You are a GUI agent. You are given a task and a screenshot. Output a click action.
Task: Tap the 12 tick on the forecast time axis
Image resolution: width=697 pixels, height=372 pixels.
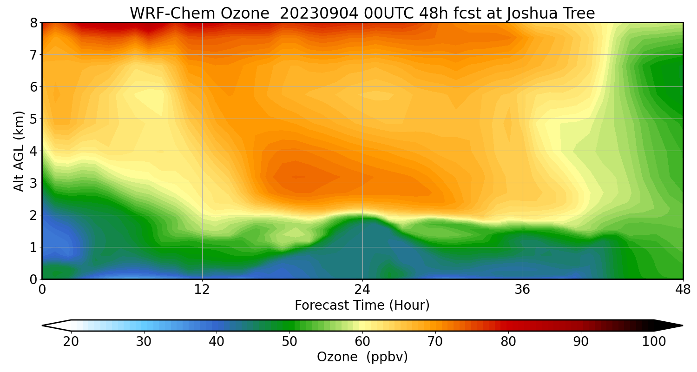click(202, 289)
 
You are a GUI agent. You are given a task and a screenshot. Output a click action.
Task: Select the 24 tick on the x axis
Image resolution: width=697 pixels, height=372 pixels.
click(362, 289)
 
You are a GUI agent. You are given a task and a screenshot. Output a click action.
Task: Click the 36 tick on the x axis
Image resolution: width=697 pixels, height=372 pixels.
click(523, 289)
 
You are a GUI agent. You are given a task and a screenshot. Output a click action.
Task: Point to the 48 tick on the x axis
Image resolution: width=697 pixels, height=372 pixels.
click(683, 289)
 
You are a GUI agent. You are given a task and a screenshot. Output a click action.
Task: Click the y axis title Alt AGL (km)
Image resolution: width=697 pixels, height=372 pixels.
click(19, 151)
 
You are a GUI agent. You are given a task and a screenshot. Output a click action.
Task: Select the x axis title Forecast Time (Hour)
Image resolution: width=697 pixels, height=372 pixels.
click(362, 306)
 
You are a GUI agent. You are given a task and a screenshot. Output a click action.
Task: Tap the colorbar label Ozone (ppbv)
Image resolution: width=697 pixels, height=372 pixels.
click(362, 357)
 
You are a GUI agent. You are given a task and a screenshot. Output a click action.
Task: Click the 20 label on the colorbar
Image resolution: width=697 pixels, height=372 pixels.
click(71, 342)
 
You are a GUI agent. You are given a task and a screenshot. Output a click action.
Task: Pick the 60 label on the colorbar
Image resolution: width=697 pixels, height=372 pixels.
click(362, 342)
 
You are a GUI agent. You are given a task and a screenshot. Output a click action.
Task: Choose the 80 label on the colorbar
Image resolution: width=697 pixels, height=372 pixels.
click(508, 342)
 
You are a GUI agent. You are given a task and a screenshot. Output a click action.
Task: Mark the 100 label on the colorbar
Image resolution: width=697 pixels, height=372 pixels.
click(654, 342)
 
